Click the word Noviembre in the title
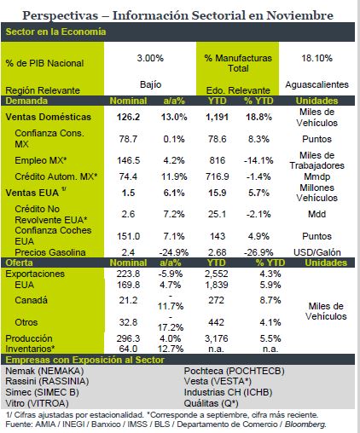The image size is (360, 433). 300,15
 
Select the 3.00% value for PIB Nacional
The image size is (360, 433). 150,58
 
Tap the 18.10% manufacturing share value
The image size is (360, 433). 316,58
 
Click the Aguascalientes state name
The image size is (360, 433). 317,84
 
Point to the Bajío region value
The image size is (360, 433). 151,84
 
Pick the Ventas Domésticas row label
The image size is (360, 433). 48,117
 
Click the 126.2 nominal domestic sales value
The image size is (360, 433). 128,117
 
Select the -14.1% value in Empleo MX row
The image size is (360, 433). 258,160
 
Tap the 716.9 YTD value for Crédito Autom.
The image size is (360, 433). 218,176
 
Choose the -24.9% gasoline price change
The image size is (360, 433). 173,252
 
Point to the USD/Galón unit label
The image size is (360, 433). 317,252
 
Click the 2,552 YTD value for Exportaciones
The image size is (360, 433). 217,274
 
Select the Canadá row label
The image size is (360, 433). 31,300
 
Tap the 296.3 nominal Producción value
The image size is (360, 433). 128,338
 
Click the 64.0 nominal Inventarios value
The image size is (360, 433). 128,349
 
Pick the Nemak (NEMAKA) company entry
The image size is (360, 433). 44,371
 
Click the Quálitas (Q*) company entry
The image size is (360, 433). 212,403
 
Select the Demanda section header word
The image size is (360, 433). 26,101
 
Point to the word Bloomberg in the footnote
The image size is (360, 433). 305,424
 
